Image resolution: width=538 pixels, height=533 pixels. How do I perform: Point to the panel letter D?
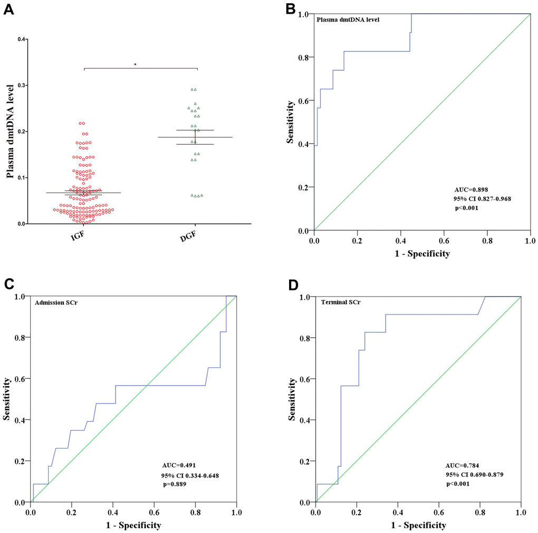tap(293, 285)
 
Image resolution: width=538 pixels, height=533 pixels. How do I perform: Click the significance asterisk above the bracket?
tap(136, 64)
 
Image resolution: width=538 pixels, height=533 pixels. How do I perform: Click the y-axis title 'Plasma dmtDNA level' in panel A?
tap(9, 131)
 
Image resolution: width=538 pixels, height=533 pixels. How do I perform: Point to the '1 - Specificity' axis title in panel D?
tap(418, 526)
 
